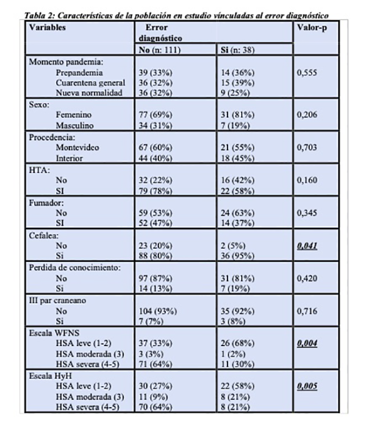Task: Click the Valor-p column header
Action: pos(309,28)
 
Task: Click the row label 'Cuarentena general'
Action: pos(90,82)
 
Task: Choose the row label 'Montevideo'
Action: pos(77,147)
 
